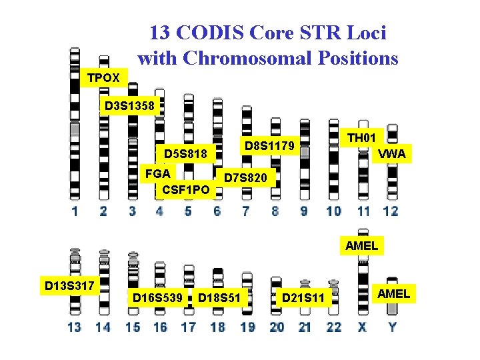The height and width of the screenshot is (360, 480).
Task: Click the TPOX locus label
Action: (103, 78)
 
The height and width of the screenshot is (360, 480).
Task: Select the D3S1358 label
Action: (129, 105)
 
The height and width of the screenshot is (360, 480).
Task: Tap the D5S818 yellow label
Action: (186, 154)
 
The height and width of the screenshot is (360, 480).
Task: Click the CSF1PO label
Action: (186, 190)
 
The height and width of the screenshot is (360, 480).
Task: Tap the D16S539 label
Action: (157, 296)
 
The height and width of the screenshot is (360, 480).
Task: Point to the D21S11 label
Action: (303, 296)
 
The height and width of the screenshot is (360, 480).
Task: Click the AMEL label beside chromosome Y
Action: (394, 293)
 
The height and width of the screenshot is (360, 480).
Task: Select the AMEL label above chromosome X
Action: (361, 245)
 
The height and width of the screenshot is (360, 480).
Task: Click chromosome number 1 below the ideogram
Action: (75, 211)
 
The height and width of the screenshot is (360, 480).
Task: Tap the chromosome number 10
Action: (333, 211)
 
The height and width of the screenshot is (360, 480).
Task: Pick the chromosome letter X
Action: (362, 327)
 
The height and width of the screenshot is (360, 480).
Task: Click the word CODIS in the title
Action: (215, 32)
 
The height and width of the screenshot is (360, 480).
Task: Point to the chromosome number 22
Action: (333, 327)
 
